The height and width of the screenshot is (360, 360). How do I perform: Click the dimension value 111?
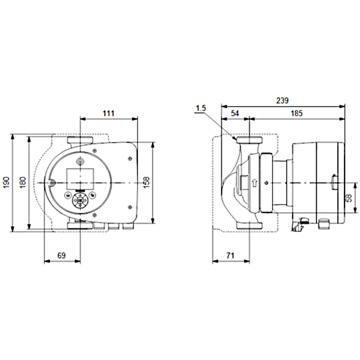(108, 113)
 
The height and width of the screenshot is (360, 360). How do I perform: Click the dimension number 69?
(62, 255)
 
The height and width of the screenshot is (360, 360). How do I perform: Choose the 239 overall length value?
(282, 100)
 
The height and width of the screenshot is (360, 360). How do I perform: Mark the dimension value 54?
(235, 113)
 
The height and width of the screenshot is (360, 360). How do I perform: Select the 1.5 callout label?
(201, 109)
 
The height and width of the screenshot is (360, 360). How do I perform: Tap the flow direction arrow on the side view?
(254, 182)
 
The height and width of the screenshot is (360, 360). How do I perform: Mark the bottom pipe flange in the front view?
(80, 225)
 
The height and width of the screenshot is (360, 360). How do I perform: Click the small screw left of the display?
(53, 181)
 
